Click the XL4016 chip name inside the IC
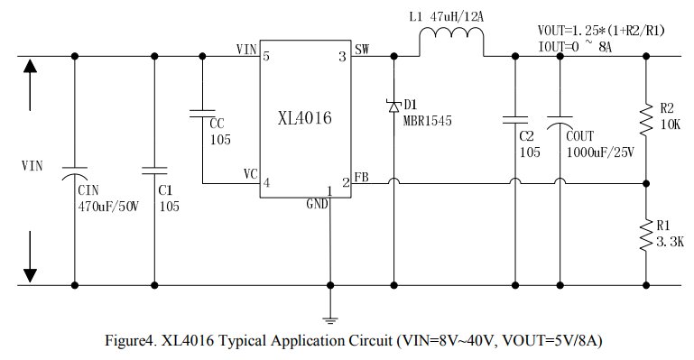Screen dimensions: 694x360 click(x=304, y=118)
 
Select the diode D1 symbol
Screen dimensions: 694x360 click(x=393, y=106)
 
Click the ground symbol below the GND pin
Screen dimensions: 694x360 click(x=329, y=320)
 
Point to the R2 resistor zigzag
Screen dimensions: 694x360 click(x=646, y=119)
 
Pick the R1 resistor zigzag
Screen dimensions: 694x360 click(x=646, y=235)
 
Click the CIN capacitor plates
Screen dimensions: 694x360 click(x=74, y=173)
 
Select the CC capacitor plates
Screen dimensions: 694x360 click(x=202, y=114)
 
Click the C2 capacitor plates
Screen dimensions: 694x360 click(x=514, y=119)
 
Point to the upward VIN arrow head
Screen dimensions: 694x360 click(x=30, y=67)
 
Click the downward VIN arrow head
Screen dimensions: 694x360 click(x=30, y=275)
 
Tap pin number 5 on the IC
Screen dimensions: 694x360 click(x=266, y=57)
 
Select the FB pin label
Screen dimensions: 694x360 click(x=362, y=178)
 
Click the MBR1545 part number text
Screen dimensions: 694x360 click(x=428, y=121)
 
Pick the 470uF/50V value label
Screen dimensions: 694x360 click(x=108, y=207)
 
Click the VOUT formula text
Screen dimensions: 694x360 click(x=601, y=31)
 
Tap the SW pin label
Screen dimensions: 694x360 click(x=362, y=49)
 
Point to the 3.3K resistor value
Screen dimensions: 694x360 click(x=670, y=242)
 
